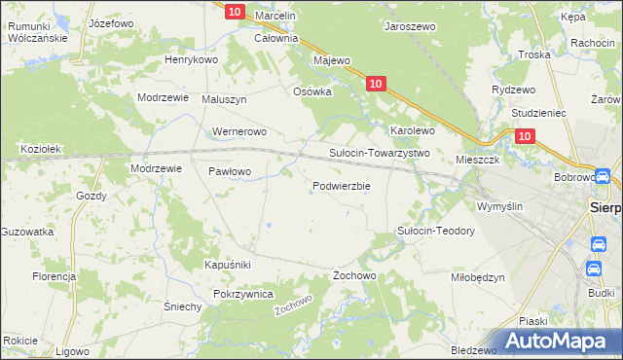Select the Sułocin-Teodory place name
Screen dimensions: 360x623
pyautogui.click(x=435, y=231)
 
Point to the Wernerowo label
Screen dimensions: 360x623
pyautogui.click(x=238, y=131)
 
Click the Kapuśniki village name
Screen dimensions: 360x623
pyautogui.click(x=228, y=265)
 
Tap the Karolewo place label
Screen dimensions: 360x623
pyautogui.click(x=412, y=129)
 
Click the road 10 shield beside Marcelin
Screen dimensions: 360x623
pyautogui.click(x=235, y=12)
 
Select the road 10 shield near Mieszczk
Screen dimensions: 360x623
pyautogui.click(x=525, y=138)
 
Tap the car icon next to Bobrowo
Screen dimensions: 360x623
pyautogui.click(x=603, y=177)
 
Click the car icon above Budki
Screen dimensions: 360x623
pyautogui.click(x=594, y=270)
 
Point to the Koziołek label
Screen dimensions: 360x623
pyautogui.click(x=41, y=149)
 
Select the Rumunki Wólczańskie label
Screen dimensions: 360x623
pyautogui.click(x=36, y=32)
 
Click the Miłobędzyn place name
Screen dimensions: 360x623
pyautogui.click(x=477, y=277)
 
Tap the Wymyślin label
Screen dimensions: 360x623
pyautogui.click(x=499, y=206)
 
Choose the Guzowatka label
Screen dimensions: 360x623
pyautogui.click(x=26, y=232)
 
